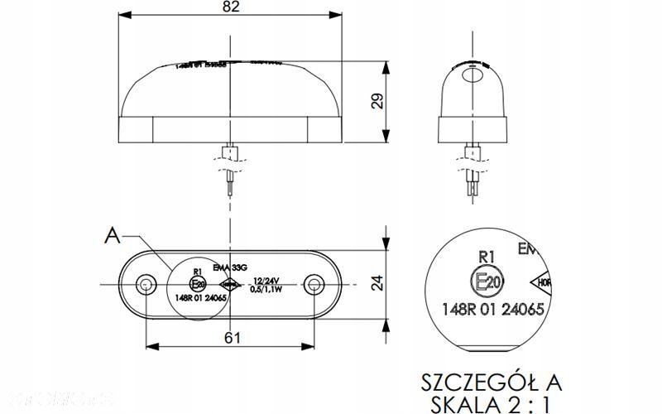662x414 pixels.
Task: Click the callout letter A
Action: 112,237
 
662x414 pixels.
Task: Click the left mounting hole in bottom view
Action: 146,286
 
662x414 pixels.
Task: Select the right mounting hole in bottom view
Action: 314,286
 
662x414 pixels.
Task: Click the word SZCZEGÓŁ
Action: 471,382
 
